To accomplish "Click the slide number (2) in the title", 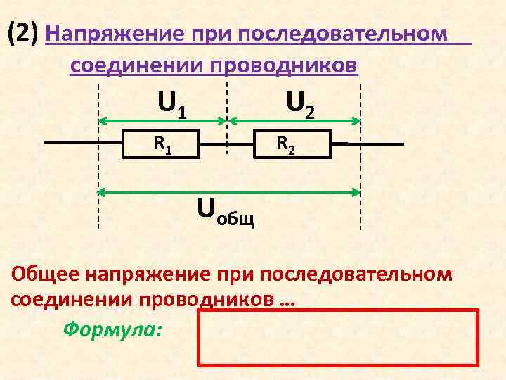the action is point(24,32).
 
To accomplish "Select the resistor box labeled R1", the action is point(161,144).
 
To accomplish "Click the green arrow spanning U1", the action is point(162,120).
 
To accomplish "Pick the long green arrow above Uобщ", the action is point(228,191).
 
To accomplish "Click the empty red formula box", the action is point(337,338).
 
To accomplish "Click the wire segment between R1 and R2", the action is point(226,144).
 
